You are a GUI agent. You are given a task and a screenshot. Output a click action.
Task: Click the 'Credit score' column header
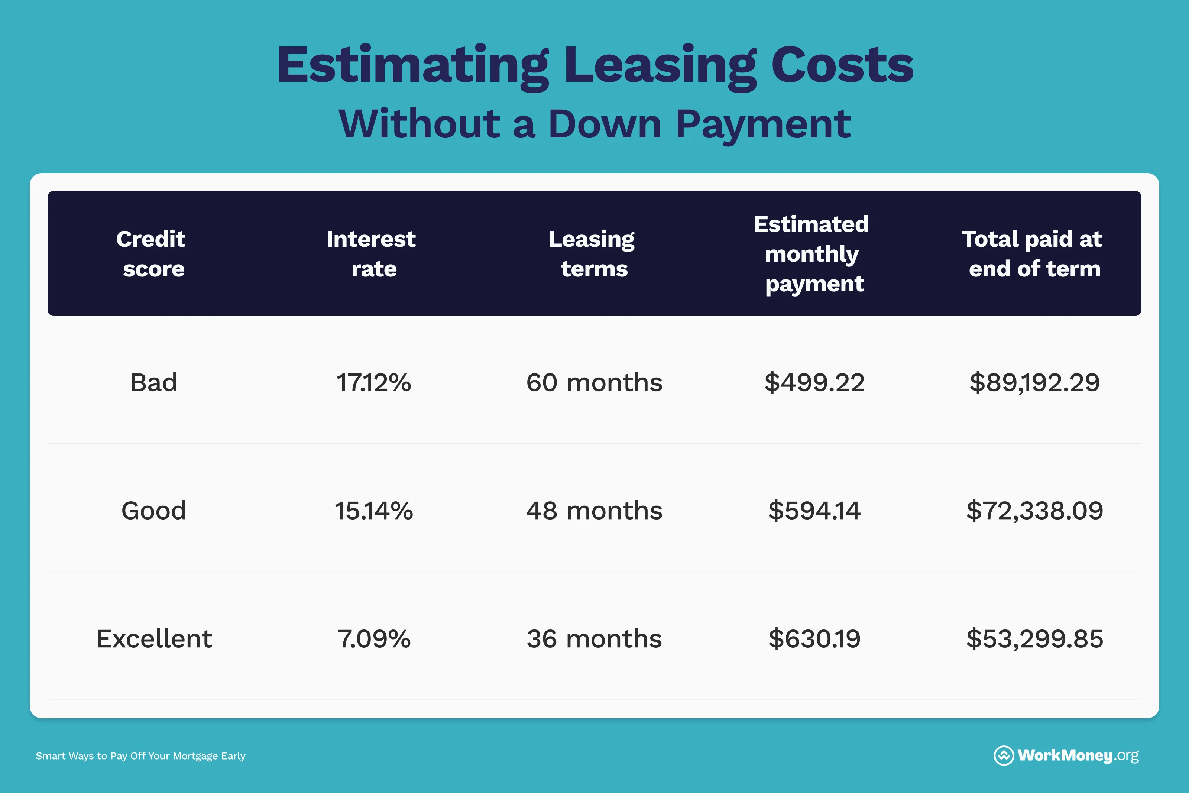(x=151, y=254)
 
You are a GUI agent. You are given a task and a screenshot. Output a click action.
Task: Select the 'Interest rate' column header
(x=372, y=254)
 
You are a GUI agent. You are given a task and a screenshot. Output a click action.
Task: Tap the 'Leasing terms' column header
(x=593, y=254)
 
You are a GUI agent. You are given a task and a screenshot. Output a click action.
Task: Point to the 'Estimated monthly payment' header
(x=812, y=254)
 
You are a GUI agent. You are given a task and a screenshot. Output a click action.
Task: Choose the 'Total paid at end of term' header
(x=1032, y=254)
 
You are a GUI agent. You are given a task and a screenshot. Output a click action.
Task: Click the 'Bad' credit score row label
(x=154, y=382)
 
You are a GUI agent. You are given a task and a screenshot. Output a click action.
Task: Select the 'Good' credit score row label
(x=154, y=510)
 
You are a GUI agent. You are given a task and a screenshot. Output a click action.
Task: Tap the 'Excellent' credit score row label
(x=154, y=639)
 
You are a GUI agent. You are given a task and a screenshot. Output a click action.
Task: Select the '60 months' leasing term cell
(x=594, y=382)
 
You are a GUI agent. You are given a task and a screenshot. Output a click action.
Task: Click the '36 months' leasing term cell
(x=594, y=639)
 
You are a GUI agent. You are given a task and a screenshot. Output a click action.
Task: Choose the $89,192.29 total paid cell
(x=1034, y=382)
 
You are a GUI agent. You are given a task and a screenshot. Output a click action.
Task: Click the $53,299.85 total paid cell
(x=1034, y=639)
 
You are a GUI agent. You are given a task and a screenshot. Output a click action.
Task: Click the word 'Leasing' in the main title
(x=660, y=67)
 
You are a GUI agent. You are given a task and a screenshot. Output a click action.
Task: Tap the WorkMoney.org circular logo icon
(x=1004, y=755)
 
